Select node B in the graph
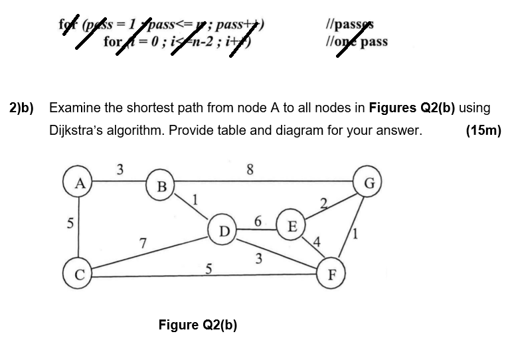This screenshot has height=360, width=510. tap(161, 186)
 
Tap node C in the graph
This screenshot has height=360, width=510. tap(77, 275)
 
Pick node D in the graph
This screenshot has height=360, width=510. tap(224, 231)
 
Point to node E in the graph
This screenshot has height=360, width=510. tap(290, 224)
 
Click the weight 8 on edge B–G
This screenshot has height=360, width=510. tap(250, 169)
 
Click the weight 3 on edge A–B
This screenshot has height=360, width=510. tap(120, 169)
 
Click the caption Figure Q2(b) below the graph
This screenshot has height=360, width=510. tap(198, 325)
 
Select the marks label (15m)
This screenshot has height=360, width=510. tap(483, 130)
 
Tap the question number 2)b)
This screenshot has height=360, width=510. tap(21, 108)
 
